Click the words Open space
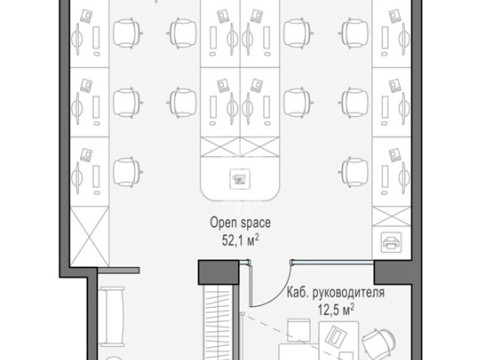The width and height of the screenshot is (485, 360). [x=240, y=223]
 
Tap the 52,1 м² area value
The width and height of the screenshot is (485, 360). [x=240, y=240]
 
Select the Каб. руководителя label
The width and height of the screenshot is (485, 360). [x=336, y=293]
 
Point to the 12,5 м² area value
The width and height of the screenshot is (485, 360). [x=336, y=309]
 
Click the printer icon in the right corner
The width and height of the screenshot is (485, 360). [x=391, y=242]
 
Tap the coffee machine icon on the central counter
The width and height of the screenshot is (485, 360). [x=240, y=179]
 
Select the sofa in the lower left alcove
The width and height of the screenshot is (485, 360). [x=112, y=316]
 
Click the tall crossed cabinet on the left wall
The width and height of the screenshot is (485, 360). [x=90, y=237]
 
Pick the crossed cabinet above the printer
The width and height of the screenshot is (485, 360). [x=391, y=216]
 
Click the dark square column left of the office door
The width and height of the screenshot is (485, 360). [x=219, y=273]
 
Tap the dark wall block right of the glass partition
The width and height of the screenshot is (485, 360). [x=394, y=273]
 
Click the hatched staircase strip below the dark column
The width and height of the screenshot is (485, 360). [x=219, y=322]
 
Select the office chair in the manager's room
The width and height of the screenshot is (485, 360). [x=378, y=343]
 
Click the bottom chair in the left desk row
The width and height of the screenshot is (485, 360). [x=128, y=172]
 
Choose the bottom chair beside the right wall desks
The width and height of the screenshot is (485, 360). [x=353, y=172]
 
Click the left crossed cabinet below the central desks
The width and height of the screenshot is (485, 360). [x=220, y=147]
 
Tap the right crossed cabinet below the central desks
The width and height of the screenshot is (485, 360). [x=260, y=147]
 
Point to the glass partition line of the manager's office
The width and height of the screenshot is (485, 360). [x=333, y=263]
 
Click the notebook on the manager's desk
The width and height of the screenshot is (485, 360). [x=337, y=335]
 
